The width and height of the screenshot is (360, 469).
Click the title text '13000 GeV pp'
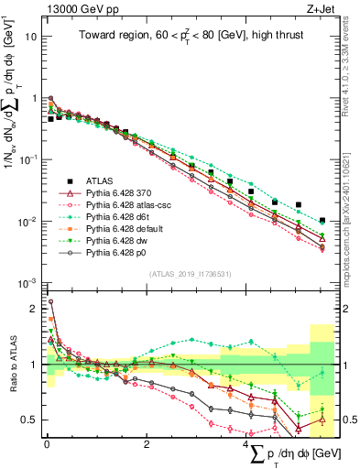tap(74, 9)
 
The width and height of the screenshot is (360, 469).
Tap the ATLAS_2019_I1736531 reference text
tap(189, 275)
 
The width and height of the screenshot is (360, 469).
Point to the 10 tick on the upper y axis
tap(32, 38)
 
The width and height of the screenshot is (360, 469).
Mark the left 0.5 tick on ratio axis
tap(29, 420)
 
